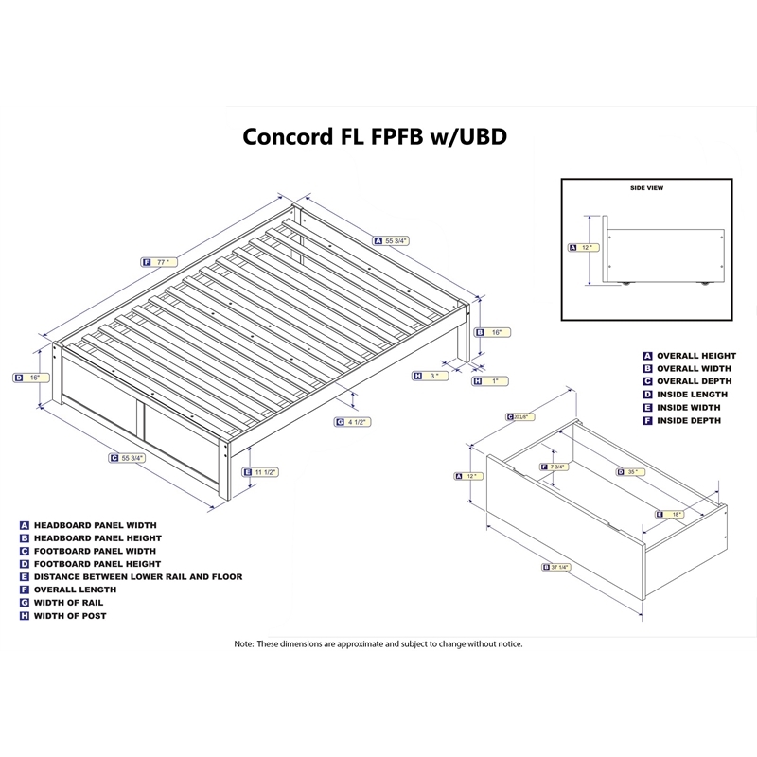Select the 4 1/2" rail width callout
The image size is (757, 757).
pos(357,422)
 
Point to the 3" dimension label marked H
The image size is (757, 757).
pos(433,376)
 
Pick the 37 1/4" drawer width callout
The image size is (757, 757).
pos(560,568)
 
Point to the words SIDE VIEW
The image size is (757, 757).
pos(646,188)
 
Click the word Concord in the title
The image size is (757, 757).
pos(284,135)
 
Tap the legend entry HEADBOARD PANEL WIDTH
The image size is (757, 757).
pos(95,523)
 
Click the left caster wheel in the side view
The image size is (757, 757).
pos(625,282)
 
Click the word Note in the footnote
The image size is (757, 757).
pos(244,643)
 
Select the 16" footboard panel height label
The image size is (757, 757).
pos(33,378)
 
